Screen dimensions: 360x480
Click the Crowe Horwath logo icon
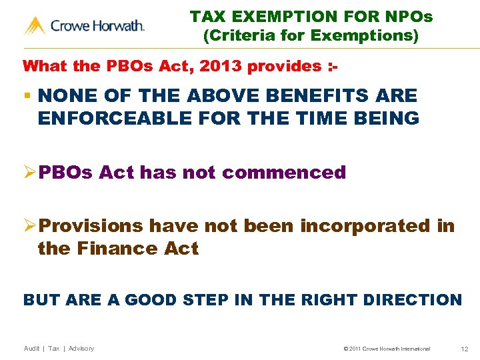coord(35,26)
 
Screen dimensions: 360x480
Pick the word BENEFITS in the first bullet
coord(284,96)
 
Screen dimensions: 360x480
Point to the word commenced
coord(284,173)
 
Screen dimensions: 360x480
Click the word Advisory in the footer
coord(81,349)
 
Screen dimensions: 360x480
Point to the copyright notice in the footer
coord(387,349)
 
